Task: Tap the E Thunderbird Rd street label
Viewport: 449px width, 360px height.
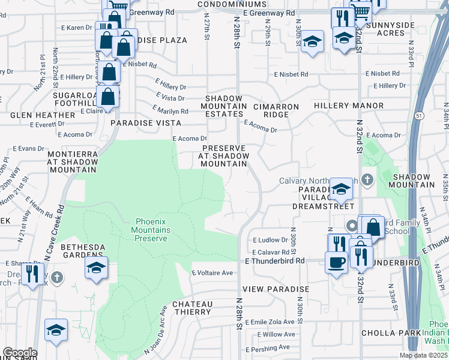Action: pos(276,261)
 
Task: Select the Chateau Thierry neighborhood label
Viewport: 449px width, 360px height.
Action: pos(192,308)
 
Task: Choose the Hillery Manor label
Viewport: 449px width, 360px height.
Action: pos(348,106)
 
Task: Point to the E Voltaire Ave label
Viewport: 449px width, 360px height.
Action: pos(212,273)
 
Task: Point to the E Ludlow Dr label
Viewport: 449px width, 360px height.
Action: pos(271,239)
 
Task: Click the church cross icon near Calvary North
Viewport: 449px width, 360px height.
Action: pos(368,179)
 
